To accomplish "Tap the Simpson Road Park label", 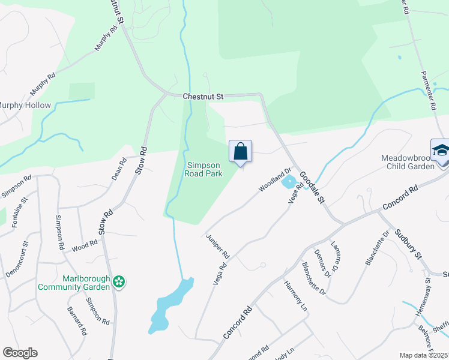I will coord(205,169).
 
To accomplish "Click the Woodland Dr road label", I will coord(274,179).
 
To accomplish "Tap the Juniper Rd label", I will coord(218,246).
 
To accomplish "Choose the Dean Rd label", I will coord(119,169).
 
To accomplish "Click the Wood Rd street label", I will coord(85,245).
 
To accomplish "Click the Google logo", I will coord(20,353).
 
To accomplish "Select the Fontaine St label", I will coord(17,213).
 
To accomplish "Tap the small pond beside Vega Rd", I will coord(289,182).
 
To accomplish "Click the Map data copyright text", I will coord(423,355).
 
